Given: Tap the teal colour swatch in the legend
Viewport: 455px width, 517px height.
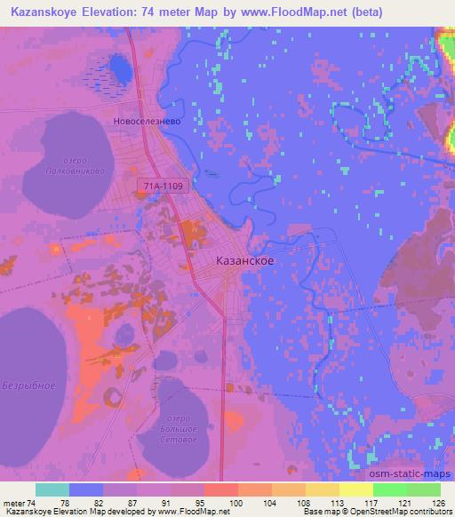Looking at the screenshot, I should coord(52,489).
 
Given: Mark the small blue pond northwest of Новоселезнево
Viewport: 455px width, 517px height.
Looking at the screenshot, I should coord(117,66).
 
